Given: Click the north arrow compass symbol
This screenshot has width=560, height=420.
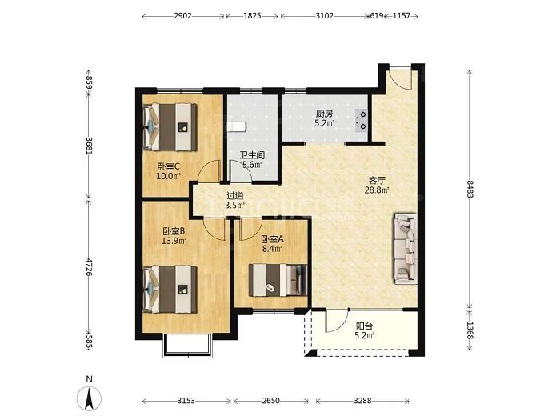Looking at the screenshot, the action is [x=89, y=398].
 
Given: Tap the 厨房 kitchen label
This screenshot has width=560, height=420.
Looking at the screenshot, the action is [x=324, y=114].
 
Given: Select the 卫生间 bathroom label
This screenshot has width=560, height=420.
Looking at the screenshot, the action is [x=252, y=155].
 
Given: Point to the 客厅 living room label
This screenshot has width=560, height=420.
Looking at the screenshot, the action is [x=377, y=180].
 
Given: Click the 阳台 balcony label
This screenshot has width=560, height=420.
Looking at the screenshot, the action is [x=365, y=326].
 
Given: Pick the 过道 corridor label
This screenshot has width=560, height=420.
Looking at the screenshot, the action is [x=235, y=196].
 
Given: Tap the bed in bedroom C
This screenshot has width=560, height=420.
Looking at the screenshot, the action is [x=170, y=126].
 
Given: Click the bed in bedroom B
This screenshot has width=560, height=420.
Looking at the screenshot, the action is [x=170, y=289].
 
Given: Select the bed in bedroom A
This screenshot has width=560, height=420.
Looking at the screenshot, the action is [x=278, y=280].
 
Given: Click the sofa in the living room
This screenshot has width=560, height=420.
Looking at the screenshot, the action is [x=406, y=249].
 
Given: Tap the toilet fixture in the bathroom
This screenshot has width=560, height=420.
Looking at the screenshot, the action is [x=237, y=126].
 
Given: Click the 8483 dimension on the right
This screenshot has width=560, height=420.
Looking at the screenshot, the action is [x=469, y=189].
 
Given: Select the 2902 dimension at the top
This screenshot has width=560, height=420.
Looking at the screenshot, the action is [x=183, y=16].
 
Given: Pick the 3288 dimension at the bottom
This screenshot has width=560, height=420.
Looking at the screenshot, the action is [x=362, y=401].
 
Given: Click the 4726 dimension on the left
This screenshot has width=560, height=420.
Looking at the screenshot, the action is [x=89, y=267].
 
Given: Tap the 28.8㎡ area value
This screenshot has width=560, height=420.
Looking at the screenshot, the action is [x=377, y=190].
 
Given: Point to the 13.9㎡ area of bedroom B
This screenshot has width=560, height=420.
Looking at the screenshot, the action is [x=174, y=241].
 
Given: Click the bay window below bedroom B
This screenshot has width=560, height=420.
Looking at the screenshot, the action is [x=188, y=346].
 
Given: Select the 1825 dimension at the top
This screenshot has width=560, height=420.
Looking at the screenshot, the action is [x=252, y=16].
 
